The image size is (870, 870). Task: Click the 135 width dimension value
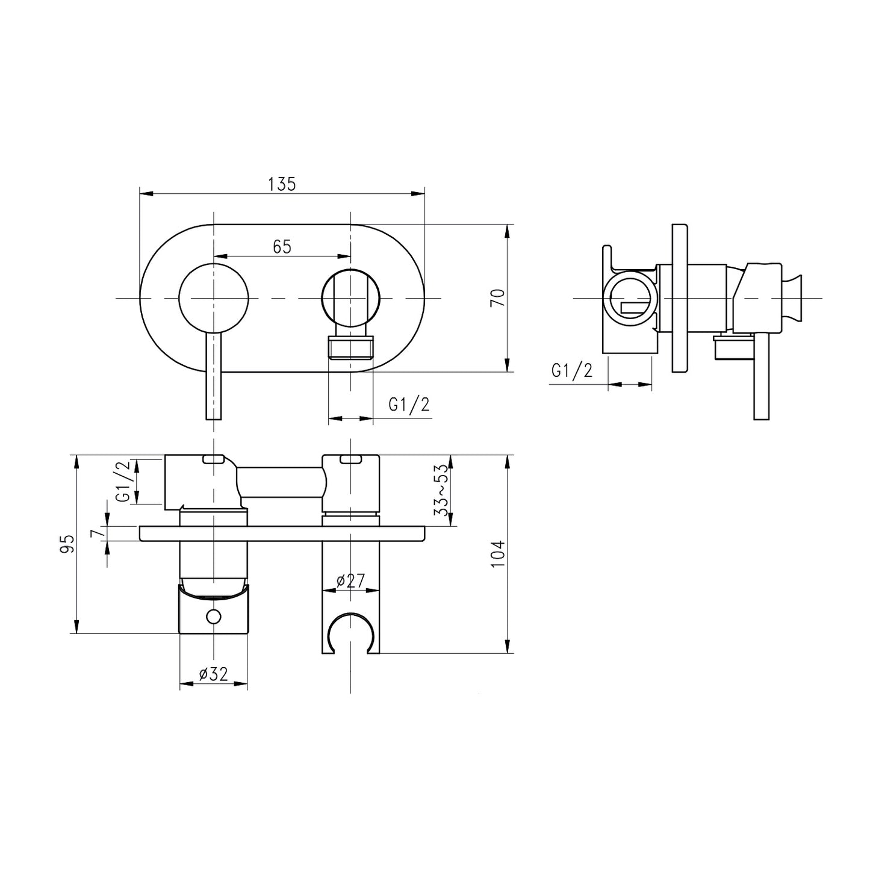coord(282,184)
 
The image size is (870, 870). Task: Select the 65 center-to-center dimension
coord(282,246)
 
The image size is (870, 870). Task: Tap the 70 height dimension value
coord(497,298)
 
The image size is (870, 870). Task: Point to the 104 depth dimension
coord(497,554)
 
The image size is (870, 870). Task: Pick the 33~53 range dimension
coord(443,490)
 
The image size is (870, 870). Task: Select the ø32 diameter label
coord(213,675)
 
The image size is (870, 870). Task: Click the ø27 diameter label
coord(350,581)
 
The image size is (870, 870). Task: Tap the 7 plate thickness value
coord(93,533)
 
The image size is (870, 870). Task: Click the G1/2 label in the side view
coord(571,370)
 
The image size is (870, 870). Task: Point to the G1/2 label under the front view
coord(409,405)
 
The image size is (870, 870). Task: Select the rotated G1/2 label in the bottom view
coord(123,482)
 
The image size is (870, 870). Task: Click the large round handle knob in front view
coord(214,298)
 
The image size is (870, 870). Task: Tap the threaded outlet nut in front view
coord(350,347)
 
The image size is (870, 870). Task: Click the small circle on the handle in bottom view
coord(213,617)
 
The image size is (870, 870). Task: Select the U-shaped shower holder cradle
coord(350,632)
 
